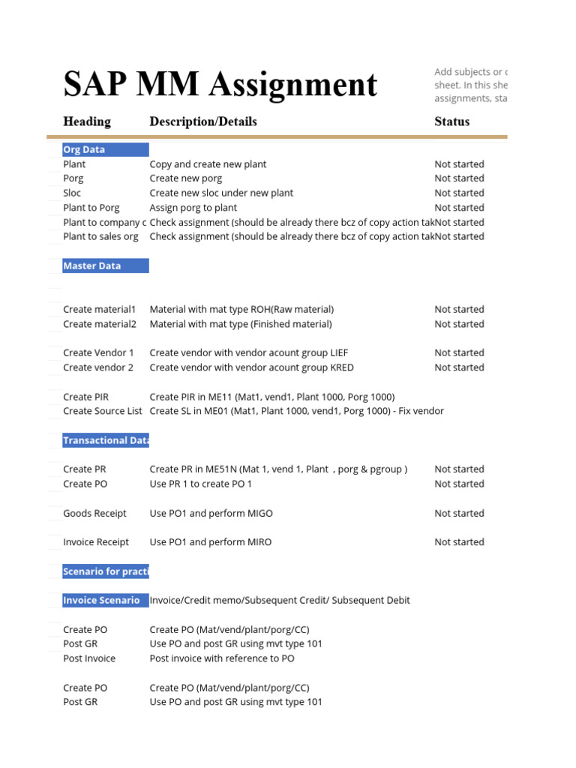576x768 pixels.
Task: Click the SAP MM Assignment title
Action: [220, 85]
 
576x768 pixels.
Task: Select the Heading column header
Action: [87, 121]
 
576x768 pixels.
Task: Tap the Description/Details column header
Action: [203, 121]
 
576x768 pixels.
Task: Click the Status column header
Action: [452, 121]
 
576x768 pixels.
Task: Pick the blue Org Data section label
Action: [105, 149]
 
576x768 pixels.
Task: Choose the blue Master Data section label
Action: [105, 265]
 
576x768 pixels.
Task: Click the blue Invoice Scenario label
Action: [105, 600]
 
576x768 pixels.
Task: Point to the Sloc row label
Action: [73, 193]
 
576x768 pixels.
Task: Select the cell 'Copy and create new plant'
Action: [208, 164]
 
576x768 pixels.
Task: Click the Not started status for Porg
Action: [459, 178]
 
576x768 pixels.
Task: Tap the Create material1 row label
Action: [100, 309]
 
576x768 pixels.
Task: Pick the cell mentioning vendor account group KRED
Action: [251, 367]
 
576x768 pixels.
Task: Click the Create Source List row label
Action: [103, 411]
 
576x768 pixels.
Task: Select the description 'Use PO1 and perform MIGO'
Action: [211, 513]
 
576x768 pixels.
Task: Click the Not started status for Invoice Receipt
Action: [459, 541]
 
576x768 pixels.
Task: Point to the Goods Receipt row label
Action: [94, 513]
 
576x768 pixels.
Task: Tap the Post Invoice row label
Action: [89, 658]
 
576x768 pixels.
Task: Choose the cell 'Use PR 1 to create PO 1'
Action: [201, 484]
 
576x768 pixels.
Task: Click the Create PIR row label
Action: [85, 397]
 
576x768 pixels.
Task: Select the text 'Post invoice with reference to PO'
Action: [222, 658]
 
